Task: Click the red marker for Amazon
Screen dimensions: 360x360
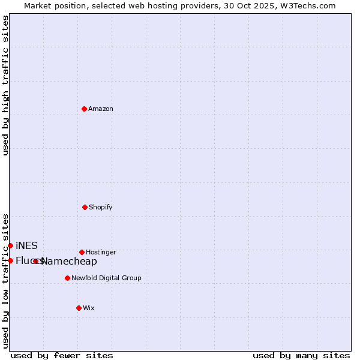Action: coord(84,109)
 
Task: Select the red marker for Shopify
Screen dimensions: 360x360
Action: coord(85,207)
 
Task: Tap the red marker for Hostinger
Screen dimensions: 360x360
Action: coord(82,252)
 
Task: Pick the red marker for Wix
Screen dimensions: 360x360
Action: coord(79,308)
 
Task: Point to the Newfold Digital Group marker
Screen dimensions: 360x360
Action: coord(67,278)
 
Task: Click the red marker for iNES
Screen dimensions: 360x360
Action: coord(10,245)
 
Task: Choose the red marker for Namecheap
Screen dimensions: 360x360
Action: coord(36,261)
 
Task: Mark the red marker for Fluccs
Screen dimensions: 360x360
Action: coord(10,260)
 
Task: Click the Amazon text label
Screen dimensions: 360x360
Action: coord(101,109)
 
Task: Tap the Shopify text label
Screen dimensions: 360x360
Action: coord(101,207)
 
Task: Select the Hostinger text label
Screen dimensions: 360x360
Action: coord(101,252)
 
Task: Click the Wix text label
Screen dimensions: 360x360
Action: coord(89,308)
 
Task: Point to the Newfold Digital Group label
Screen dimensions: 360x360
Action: coord(106,278)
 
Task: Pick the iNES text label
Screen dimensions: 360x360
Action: coord(26,245)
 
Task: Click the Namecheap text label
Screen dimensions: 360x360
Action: coord(70,261)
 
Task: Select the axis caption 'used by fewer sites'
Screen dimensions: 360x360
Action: coord(62,355)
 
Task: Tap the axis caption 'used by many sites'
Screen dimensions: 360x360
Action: coord(301,355)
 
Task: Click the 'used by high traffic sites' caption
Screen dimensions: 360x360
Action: coord(6,85)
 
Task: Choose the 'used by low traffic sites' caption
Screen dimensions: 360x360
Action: coord(6,281)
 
